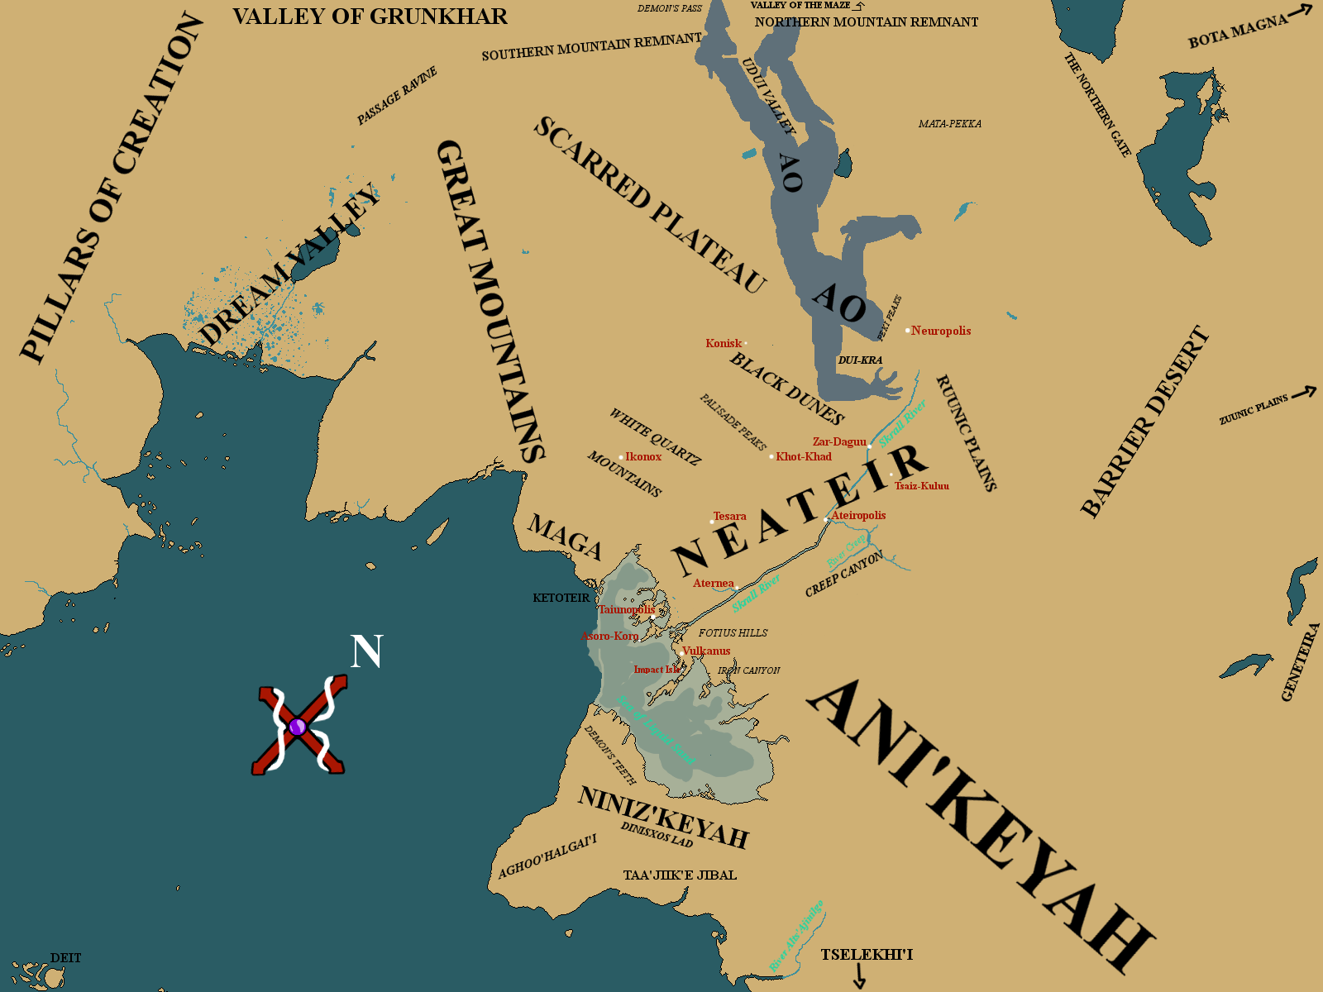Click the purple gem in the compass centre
coord(299,727)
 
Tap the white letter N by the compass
coord(366,651)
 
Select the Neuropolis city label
coord(941,331)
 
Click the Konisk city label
coord(724,343)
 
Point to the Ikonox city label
coord(643,456)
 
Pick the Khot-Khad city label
coord(804,456)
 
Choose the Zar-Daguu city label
coord(839,441)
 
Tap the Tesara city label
coord(730,516)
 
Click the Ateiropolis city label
coord(858,515)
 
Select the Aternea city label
coord(714,583)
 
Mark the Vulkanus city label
coord(706,651)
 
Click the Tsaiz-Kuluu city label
coord(922,486)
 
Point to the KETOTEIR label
coord(561,598)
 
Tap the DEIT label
coord(66,958)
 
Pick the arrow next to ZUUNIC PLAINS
coord(1304,392)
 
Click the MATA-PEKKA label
coord(950,124)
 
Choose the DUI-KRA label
coord(860,360)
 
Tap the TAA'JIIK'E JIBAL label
coord(680,875)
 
